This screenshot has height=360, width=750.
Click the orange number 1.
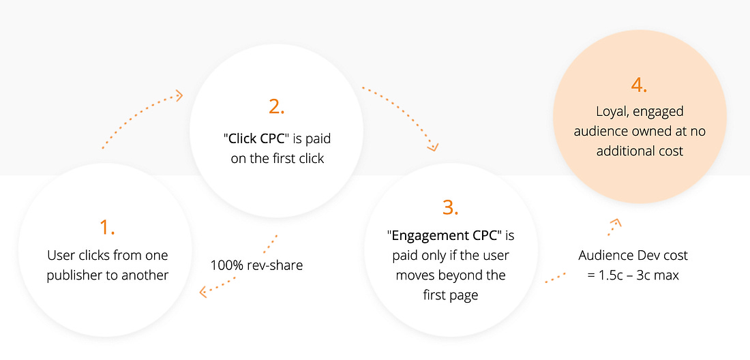coord(107,228)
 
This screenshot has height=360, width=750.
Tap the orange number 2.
coord(276,106)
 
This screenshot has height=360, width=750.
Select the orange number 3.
coord(451,207)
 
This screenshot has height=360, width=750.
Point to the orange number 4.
coord(639,85)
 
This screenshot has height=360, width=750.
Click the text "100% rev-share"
coord(256,265)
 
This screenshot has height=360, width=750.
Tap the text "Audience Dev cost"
coord(633,255)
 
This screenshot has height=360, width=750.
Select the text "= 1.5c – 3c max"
coord(633,275)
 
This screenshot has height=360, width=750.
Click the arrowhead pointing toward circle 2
coord(179,95)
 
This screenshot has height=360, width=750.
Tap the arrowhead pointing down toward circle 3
coord(433,147)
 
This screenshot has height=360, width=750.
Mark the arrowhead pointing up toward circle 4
coord(616,222)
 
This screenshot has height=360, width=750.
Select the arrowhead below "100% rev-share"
coord(204,292)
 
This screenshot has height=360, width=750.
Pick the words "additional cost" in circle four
coord(640,151)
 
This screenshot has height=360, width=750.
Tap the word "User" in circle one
coord(59,255)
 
